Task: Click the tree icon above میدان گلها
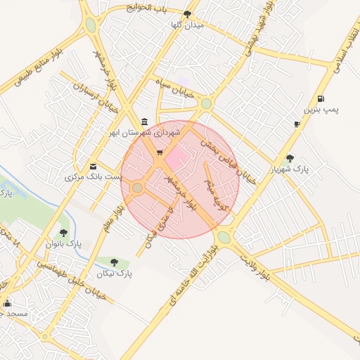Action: pyautogui.click(x=186, y=13)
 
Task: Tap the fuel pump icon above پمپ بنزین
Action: pyautogui.click(x=321, y=98)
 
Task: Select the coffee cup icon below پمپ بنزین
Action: pyautogui.click(x=297, y=124)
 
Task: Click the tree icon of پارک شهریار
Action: pyautogui.click(x=290, y=158)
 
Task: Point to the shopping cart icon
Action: pyautogui.click(x=160, y=151)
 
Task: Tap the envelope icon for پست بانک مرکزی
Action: pyautogui.click(x=94, y=166)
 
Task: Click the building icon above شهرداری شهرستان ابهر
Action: pyautogui.click(x=144, y=121)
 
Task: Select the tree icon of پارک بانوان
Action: pyautogui.click(x=63, y=232)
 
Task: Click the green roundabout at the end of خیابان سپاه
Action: pyautogui.click(x=205, y=103)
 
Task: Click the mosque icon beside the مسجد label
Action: pyautogui.click(x=8, y=303)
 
